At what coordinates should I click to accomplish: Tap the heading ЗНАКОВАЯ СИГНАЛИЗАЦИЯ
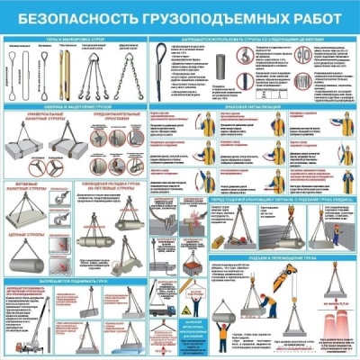pos(250,105)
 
